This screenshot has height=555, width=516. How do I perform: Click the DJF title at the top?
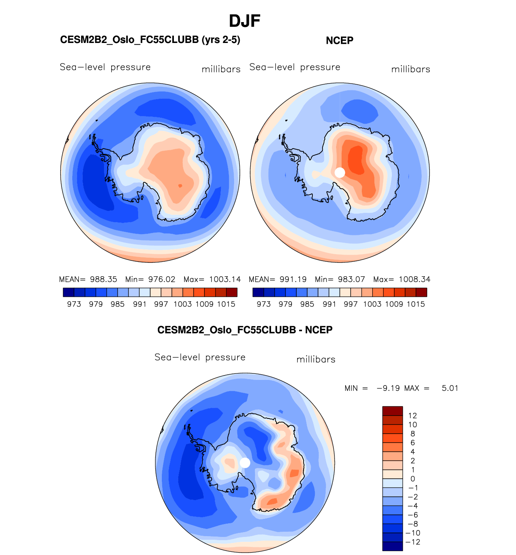(x=245, y=21)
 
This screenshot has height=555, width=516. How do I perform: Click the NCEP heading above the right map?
(x=339, y=41)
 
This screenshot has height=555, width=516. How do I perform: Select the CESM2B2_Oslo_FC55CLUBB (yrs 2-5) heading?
(x=150, y=40)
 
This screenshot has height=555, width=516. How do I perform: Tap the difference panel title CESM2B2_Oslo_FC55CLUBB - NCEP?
(x=245, y=330)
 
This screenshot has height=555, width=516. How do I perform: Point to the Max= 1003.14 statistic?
(x=212, y=279)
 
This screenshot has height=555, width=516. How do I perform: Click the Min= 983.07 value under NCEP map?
(x=340, y=279)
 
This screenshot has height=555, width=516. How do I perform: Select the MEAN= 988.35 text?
(x=88, y=279)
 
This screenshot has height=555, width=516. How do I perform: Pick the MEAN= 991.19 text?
(x=277, y=279)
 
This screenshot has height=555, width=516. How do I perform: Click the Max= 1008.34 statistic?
(x=402, y=279)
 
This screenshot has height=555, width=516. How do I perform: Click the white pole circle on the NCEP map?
(x=340, y=172)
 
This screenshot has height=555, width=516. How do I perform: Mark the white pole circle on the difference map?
(x=245, y=463)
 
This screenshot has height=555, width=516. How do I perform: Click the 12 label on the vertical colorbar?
(x=412, y=416)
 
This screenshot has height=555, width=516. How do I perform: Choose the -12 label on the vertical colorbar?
(x=413, y=542)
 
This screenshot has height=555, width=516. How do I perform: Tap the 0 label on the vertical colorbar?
(x=412, y=479)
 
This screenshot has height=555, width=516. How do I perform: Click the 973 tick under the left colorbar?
(x=74, y=304)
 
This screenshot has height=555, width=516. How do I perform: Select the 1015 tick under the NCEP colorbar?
(x=416, y=304)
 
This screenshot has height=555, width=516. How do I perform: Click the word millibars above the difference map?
(x=316, y=359)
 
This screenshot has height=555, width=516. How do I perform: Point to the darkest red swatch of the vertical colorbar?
(x=392, y=411)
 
